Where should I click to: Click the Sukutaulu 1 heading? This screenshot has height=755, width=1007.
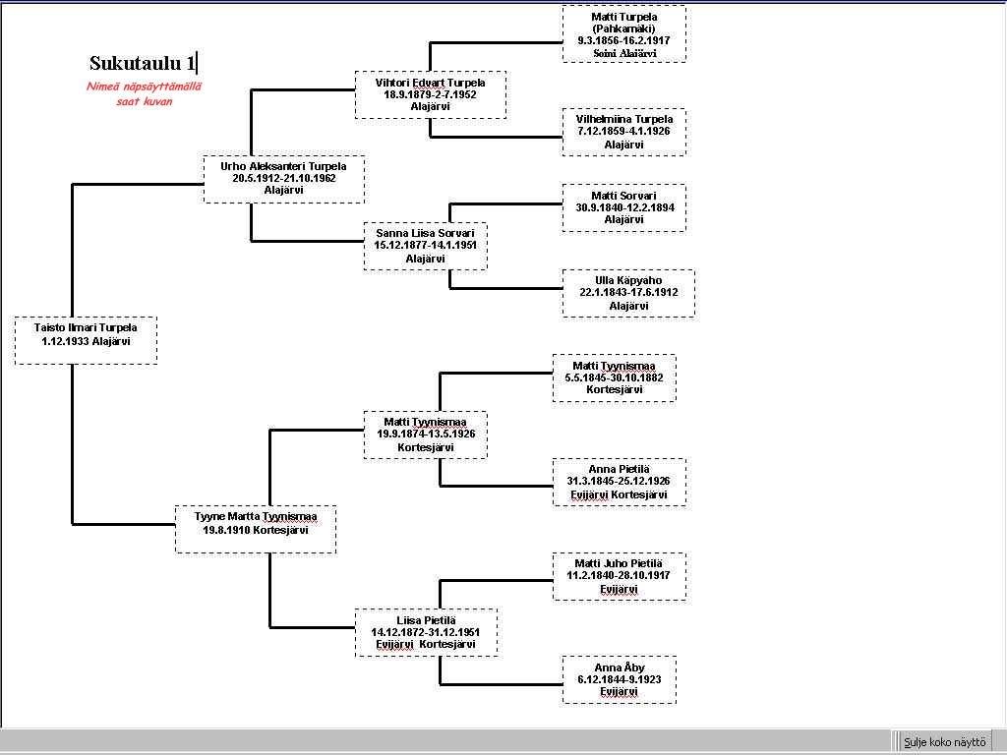[x=143, y=64]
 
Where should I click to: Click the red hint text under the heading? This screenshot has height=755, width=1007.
[x=144, y=93]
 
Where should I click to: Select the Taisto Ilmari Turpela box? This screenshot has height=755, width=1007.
[x=86, y=340]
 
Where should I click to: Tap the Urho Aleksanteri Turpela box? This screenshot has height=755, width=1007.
[x=283, y=179]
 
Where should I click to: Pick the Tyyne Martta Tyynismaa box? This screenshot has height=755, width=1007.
[x=256, y=529]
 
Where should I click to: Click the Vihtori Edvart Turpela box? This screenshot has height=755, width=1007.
[x=430, y=94]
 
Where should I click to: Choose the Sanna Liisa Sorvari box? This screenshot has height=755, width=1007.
[x=425, y=246]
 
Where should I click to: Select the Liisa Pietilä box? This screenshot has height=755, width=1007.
[x=425, y=632]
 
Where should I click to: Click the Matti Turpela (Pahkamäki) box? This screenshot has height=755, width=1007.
[x=623, y=34]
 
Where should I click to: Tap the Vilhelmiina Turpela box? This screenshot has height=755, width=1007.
[x=623, y=132]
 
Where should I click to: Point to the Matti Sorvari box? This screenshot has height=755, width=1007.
[x=623, y=207]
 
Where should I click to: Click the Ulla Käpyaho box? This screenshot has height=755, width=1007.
[x=627, y=293]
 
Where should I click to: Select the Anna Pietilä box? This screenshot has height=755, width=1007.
[x=619, y=482]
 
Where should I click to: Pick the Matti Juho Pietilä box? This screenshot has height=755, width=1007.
[x=619, y=576]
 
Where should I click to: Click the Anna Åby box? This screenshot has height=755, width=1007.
[x=619, y=679]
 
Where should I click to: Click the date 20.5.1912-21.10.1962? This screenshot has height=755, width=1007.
[x=283, y=179]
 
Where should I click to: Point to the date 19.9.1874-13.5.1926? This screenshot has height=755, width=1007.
[x=425, y=435]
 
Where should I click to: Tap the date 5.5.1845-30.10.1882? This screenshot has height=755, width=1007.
[x=614, y=377]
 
